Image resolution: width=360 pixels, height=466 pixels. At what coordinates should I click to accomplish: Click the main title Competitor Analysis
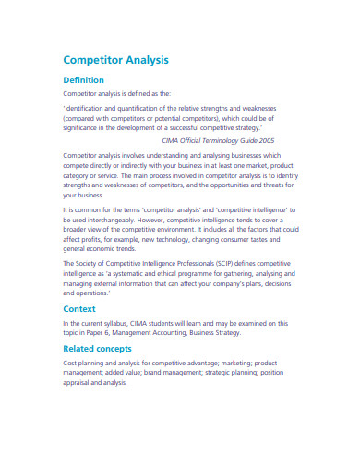point(115,60)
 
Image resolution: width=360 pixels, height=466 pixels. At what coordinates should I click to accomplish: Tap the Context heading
point(80,308)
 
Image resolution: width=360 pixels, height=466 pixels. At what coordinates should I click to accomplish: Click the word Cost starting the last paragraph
point(70,364)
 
